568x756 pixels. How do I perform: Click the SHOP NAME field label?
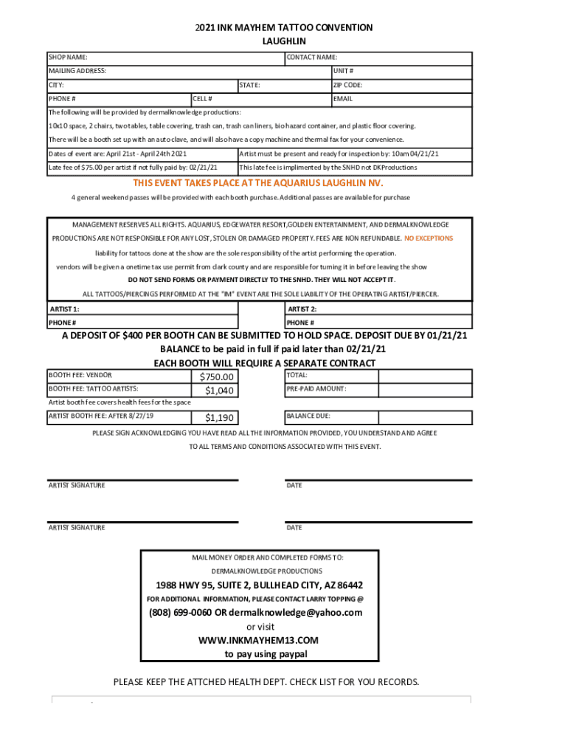click(x=68, y=57)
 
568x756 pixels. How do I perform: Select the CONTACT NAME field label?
click(x=312, y=57)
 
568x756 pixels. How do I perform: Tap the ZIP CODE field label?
click(x=347, y=85)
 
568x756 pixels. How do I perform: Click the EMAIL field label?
click(x=343, y=98)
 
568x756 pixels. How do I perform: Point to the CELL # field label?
click(x=203, y=98)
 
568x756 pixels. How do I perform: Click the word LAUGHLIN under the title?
click(x=284, y=41)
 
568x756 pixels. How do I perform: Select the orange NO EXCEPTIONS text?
click(x=429, y=238)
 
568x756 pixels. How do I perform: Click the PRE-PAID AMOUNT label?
click(x=316, y=389)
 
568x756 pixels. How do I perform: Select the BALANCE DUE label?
click(x=308, y=416)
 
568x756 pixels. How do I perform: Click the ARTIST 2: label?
click(x=302, y=309)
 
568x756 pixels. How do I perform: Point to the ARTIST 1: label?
click(x=64, y=309)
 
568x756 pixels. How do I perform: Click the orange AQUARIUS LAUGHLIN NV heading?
click(x=258, y=182)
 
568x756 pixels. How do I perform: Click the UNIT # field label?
click(x=343, y=71)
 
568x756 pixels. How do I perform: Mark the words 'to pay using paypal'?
click(x=266, y=654)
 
